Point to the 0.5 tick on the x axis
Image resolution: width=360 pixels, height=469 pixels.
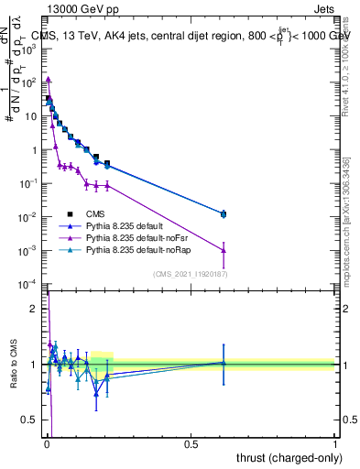click(191, 442)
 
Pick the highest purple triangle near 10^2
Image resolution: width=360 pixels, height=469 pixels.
click(49, 80)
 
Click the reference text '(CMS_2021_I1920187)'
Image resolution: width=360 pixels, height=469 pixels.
click(190, 273)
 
